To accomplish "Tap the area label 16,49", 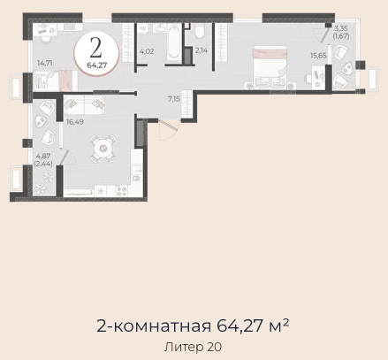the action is (x=75, y=122).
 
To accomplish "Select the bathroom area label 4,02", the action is (x=147, y=51).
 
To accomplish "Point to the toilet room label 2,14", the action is (x=202, y=50).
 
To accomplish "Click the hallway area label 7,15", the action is (x=174, y=99).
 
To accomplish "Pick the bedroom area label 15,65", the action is (x=318, y=56).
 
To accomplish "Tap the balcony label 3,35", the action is (x=341, y=29).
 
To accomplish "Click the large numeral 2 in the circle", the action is (x=96, y=48).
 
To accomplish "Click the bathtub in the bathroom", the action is (x=173, y=42).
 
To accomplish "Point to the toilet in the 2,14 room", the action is (x=200, y=31).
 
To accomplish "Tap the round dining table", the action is (x=103, y=149).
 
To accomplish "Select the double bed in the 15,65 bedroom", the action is (x=270, y=67).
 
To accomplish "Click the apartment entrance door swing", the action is (x=167, y=130).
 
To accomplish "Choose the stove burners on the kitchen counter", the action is (x=122, y=191).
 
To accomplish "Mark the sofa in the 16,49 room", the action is (x=84, y=105).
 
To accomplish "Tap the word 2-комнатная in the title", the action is (x=154, y=326).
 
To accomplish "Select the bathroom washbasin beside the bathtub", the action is (x=160, y=28).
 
